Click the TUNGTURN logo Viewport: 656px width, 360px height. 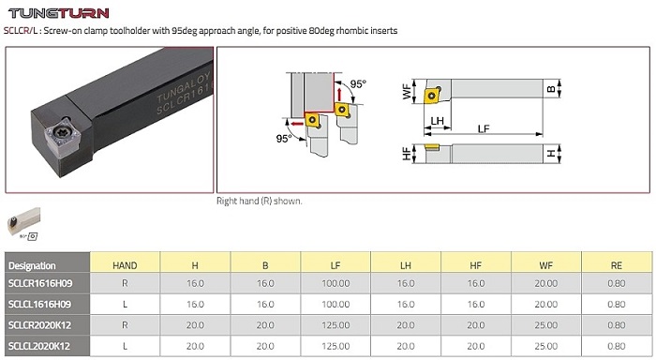(x=59, y=13)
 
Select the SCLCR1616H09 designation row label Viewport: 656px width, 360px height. (x=40, y=283)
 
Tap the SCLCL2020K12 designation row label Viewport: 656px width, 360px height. (x=39, y=346)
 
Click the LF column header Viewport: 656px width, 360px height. (x=335, y=265)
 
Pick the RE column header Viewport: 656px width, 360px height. (x=617, y=265)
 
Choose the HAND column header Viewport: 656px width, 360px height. (x=125, y=265)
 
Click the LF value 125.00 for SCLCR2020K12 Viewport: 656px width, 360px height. (x=335, y=325)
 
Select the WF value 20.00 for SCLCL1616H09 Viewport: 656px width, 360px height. (x=546, y=305)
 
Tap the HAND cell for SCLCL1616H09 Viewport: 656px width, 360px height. (x=125, y=305)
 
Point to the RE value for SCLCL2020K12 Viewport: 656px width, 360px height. (x=617, y=346)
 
